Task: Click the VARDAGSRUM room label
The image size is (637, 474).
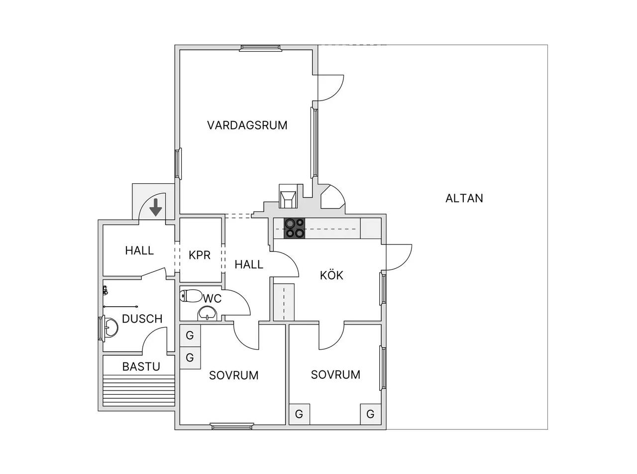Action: coord(247,125)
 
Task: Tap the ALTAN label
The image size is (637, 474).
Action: coord(464,198)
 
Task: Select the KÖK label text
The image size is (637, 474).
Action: coord(331,275)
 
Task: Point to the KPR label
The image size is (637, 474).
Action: coord(200,255)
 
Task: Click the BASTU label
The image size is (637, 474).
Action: coord(141,366)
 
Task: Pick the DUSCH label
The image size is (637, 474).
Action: coord(142,319)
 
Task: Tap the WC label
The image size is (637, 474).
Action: coord(212,299)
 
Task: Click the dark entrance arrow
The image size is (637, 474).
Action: coord(156,207)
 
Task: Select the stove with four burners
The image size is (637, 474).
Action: coord(295,228)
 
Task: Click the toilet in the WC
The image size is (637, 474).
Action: coord(191,295)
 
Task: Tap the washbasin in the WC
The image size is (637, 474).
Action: coord(207,313)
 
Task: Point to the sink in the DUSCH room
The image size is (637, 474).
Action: coord(110,326)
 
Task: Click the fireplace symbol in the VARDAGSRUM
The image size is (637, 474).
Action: coord(288,196)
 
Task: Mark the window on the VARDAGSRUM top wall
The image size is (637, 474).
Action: coord(260,48)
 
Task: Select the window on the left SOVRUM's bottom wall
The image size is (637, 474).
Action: coord(232,426)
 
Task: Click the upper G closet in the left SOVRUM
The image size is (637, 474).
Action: coord(190,336)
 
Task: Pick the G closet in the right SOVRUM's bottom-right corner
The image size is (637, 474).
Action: coord(370,414)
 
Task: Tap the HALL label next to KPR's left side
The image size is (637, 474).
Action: coord(139,250)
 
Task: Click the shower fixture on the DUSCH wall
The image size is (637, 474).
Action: coord(105,290)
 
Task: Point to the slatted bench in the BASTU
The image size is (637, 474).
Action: coord(139,391)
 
